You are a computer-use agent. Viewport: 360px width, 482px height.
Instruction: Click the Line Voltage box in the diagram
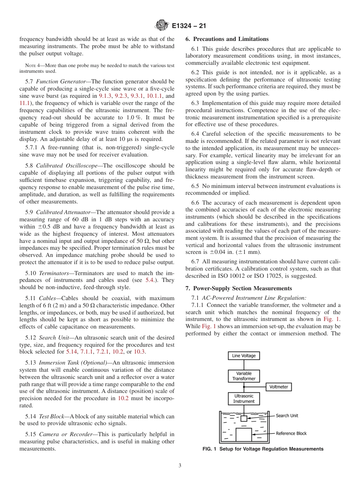click(x=244, y=355)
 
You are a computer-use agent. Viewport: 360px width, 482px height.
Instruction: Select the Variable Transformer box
click(x=244, y=376)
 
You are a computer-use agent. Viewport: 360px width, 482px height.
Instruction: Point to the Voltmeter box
click(x=279, y=387)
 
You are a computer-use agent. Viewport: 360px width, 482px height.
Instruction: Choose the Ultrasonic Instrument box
click(x=244, y=399)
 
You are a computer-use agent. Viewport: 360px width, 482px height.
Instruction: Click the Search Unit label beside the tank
click(x=286, y=416)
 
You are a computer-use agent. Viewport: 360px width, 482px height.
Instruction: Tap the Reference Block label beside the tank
click(x=291, y=433)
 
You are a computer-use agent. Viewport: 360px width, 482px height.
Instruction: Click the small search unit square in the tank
click(x=244, y=418)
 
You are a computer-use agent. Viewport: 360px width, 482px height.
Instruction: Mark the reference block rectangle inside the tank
click(x=244, y=435)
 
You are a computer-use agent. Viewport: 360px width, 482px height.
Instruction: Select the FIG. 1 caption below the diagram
click(x=263, y=449)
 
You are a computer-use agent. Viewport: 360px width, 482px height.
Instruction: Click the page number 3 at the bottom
click(x=180, y=466)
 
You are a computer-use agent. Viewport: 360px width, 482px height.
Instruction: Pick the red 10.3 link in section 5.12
click(x=139, y=352)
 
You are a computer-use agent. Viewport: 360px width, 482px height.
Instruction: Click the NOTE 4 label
click(x=32, y=66)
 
